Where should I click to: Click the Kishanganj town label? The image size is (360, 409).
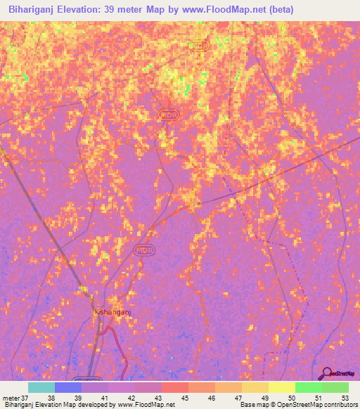(112, 310)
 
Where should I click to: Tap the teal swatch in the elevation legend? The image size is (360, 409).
(41, 387)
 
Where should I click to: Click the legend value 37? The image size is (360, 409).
(25, 397)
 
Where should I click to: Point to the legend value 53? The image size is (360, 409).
(344, 397)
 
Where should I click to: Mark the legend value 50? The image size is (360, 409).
(283, 397)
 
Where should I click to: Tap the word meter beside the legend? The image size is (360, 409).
(11, 397)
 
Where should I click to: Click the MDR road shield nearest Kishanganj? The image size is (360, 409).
(144, 250)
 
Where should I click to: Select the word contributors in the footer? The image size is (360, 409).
(339, 405)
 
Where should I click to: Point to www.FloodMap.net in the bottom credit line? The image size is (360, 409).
(146, 405)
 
